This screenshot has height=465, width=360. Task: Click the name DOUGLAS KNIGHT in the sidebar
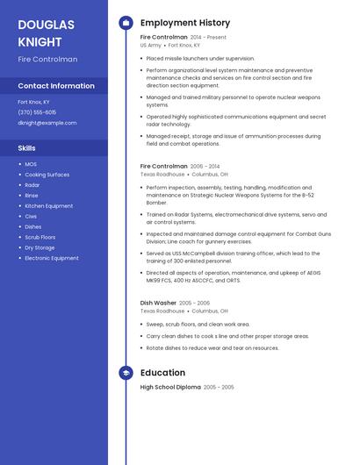46,32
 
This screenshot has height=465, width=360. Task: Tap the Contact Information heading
56,86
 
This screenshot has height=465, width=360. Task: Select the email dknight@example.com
47,123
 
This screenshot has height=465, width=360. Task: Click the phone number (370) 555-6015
37,112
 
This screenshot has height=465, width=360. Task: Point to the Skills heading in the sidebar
26,148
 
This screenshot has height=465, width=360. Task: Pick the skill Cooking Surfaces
47,175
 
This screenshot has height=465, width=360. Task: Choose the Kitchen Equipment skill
48,205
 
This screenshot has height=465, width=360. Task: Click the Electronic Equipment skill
52,258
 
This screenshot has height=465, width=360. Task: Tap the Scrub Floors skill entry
40,237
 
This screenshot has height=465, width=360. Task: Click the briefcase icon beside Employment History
126,22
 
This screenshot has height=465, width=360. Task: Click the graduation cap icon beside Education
126,373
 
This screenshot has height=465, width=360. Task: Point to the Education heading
162,373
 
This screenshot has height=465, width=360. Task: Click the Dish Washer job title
158,303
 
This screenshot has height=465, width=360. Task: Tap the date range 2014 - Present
208,38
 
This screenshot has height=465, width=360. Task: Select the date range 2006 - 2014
205,166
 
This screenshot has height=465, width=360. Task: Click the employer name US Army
150,45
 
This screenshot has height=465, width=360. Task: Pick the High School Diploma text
170,387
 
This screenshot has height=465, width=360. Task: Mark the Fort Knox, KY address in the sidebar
34,102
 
